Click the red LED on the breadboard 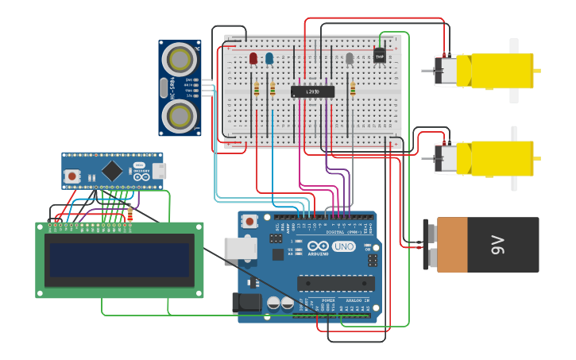(253, 58)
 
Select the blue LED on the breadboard (269, 58)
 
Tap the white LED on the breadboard (350, 58)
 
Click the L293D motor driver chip (312, 91)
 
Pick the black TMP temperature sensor (380, 56)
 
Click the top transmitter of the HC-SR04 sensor (180, 59)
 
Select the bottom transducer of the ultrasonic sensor (180, 116)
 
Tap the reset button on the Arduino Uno (249, 221)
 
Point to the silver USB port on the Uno (239, 248)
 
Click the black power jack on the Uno (246, 302)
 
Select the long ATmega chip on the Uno (335, 283)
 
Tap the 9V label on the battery (498, 246)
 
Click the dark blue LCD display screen (119, 260)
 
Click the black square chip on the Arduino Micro (112, 170)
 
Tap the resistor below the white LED (353, 88)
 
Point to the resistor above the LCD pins (130, 213)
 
